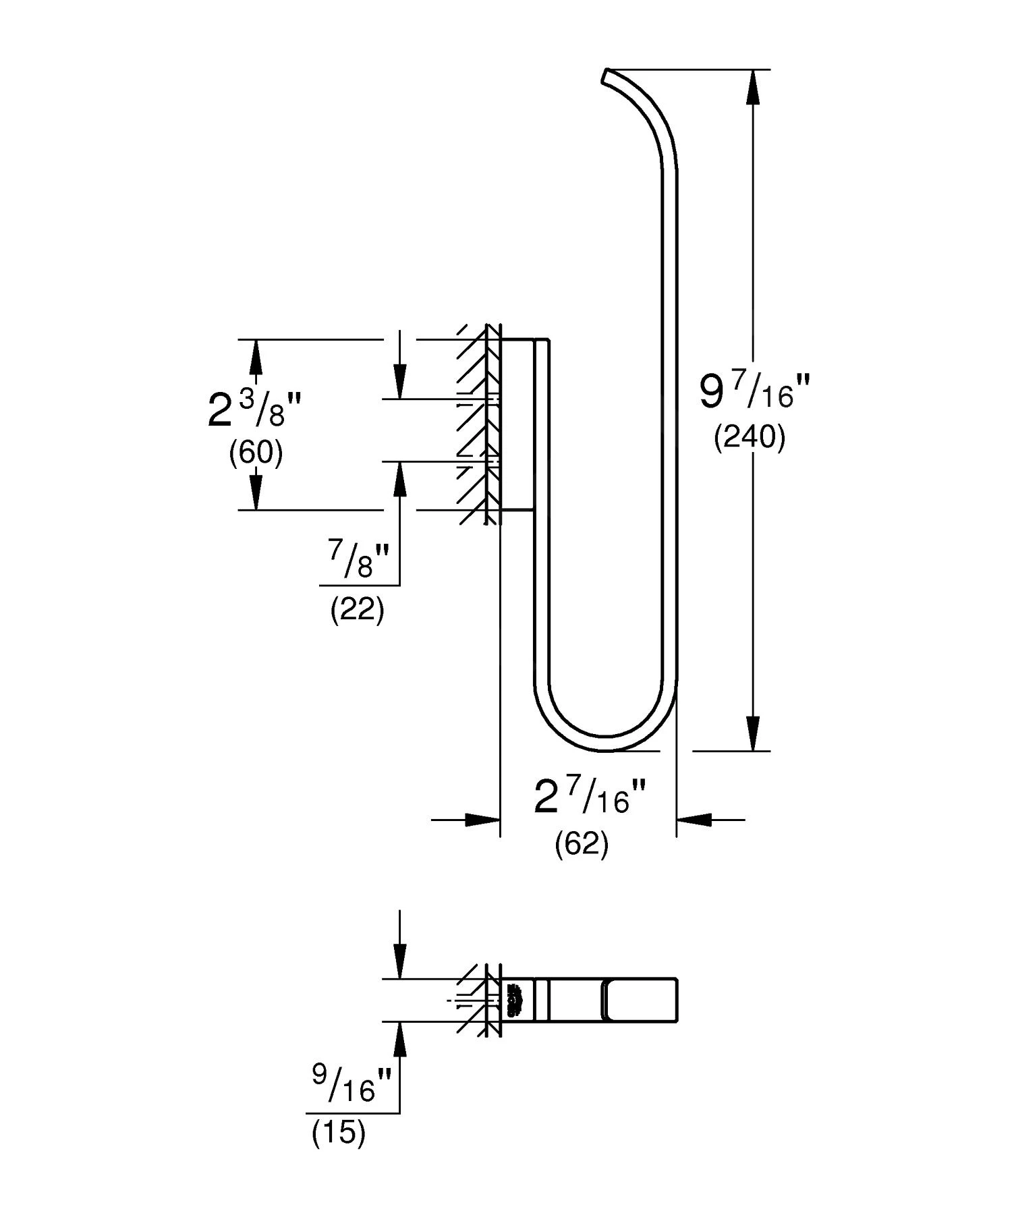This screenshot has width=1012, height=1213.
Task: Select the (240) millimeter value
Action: click(x=750, y=439)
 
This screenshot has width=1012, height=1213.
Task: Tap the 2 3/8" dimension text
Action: click(x=254, y=410)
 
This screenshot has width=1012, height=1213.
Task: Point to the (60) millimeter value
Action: click(x=256, y=453)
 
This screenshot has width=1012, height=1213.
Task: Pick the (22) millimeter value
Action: click(x=357, y=611)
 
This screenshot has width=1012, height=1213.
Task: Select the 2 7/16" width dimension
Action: click(x=590, y=797)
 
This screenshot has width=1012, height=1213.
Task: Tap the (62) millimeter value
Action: click(x=582, y=844)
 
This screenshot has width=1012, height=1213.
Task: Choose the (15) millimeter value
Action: click(x=338, y=1133)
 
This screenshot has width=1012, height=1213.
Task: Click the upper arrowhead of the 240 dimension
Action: click(x=753, y=86)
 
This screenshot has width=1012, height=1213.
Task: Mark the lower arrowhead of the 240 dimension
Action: click(x=753, y=733)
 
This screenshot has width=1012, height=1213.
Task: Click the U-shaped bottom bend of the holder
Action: click(x=605, y=741)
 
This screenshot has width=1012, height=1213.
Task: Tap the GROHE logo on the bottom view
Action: click(x=513, y=1000)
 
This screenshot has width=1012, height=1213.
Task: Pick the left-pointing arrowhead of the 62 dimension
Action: click(x=695, y=820)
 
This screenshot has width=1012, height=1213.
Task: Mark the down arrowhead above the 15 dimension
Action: click(x=400, y=961)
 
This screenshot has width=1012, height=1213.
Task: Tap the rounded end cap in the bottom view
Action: click(x=640, y=1000)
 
